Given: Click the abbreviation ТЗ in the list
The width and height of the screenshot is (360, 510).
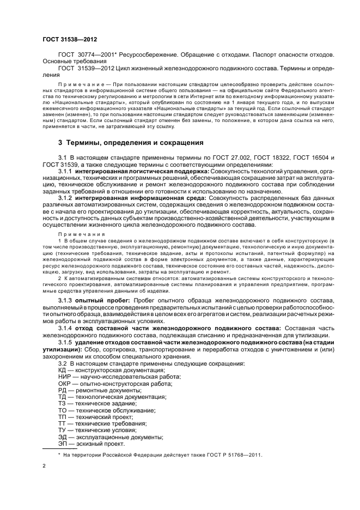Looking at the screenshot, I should pyautogui.click(x=62, y=403).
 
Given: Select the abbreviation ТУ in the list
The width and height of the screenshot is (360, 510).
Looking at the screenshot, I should pyautogui.click(x=62, y=430).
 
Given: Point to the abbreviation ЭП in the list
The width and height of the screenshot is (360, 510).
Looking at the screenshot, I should pyautogui.click(x=63, y=443).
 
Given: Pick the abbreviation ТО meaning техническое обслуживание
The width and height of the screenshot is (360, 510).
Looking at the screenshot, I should pyautogui.click(x=62, y=410).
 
